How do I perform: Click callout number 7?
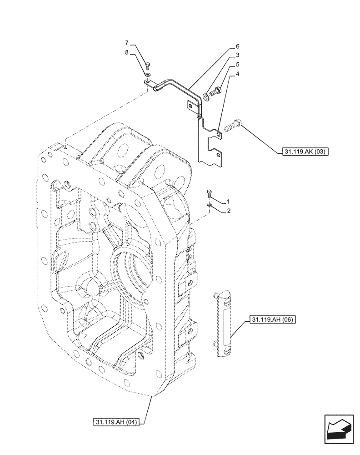tap(127, 43)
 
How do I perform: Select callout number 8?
tap(127, 53)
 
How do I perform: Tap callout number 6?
tap(237, 47)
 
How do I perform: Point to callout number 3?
tap(237, 55)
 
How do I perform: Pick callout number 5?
tap(237, 65)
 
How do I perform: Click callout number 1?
tap(228, 201)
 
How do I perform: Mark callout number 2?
tap(228, 211)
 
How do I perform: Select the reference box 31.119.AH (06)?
tap(272, 320)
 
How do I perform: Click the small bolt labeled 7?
tap(149, 65)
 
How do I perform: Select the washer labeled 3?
tap(207, 96)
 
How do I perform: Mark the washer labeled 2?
tap(209, 205)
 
